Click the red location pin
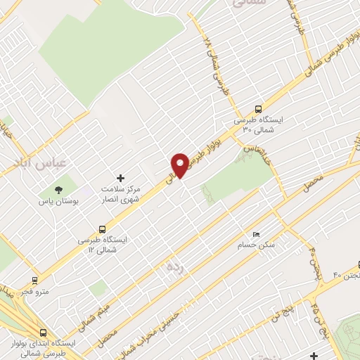[181, 165]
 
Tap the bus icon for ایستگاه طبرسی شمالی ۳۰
[258, 109]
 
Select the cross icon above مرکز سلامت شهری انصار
[120, 178]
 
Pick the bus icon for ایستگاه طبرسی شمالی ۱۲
[103, 229]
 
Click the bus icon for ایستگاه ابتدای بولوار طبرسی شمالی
[44, 333]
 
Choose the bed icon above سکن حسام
[256, 234]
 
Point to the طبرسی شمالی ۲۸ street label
[216, 67]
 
